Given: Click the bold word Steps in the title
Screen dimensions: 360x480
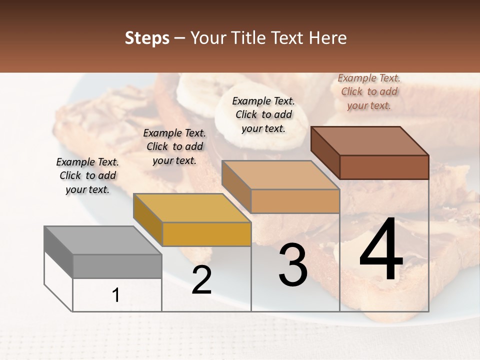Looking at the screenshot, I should (147, 38).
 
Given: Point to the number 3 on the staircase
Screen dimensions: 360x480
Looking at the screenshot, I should (292, 265).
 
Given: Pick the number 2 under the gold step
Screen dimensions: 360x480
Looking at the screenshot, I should (201, 280).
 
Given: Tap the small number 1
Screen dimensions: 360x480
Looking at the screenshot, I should (116, 295).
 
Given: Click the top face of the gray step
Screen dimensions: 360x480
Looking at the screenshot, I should (103, 240).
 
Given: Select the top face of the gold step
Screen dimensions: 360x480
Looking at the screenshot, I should (192, 208).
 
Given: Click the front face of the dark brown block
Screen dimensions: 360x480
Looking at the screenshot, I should (384, 167).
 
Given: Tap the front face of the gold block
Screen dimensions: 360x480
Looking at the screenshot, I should (206, 234).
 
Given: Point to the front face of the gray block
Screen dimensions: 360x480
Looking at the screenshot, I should (117, 266).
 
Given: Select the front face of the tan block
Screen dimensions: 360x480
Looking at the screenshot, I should (295, 201).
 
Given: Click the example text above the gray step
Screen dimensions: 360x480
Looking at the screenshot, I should (87, 176).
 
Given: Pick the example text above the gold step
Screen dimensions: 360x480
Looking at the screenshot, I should (174, 146).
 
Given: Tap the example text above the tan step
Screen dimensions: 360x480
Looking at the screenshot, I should (263, 114).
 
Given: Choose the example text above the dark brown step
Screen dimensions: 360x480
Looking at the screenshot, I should (369, 91).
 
